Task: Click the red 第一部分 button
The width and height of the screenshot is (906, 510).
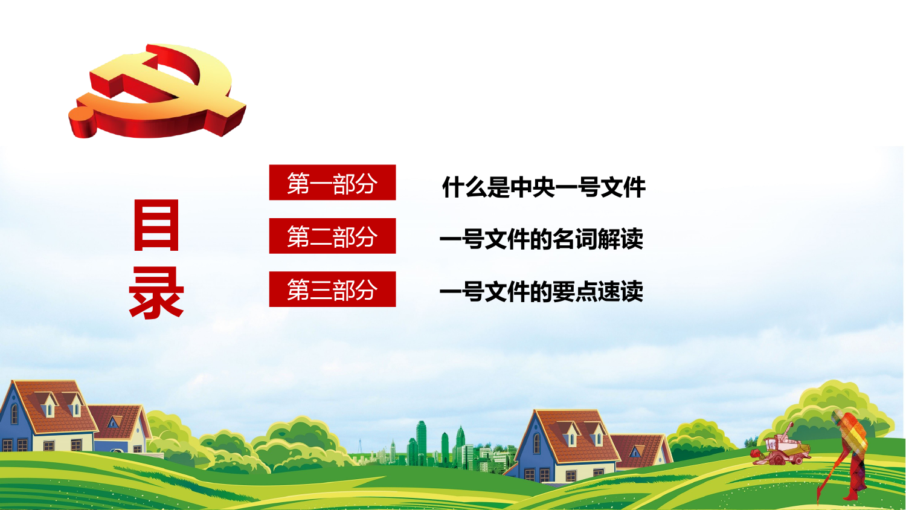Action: pos(332,182)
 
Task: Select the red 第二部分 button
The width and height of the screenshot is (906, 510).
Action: pos(332,236)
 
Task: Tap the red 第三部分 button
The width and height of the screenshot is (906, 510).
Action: pos(332,289)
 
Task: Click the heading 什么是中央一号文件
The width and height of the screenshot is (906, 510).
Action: pos(544,187)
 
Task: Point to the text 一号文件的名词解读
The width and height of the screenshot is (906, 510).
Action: pos(541,239)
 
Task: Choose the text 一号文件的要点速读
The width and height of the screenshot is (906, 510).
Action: pos(541,291)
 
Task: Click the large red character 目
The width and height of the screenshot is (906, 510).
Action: pos(156,225)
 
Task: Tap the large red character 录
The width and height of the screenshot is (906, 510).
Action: pos(156,292)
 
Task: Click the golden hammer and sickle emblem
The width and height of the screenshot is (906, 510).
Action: pos(157,91)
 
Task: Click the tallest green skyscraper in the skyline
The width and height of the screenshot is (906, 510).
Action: pos(422,441)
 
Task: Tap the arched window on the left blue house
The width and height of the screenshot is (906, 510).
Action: pos(14,414)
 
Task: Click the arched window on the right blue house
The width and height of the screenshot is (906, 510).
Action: pos(536,443)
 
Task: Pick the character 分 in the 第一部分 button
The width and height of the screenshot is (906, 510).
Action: pos(366,183)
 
